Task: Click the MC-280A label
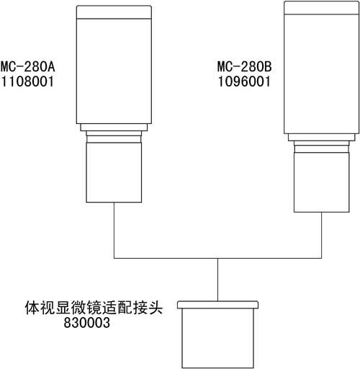27,66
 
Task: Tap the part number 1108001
27,81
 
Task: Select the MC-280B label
244,66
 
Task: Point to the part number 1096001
244,81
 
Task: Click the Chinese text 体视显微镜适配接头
94,308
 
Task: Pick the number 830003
87,323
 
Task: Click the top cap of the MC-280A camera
114,12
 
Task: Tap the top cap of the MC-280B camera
322,7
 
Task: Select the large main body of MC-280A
114,71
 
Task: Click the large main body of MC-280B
322,74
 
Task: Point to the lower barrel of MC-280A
114,172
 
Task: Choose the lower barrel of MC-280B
322,182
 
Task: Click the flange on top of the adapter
217,305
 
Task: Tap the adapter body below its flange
217,338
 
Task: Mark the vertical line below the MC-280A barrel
114,231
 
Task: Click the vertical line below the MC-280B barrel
322,236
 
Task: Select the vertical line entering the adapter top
217,280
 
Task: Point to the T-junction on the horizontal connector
217,259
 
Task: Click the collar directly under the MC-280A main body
114,128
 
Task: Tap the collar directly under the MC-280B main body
322,137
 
